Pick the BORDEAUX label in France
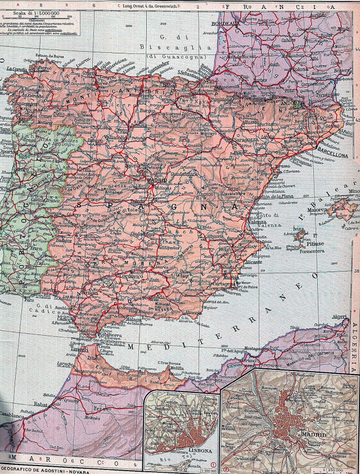click(x=225, y=25)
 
